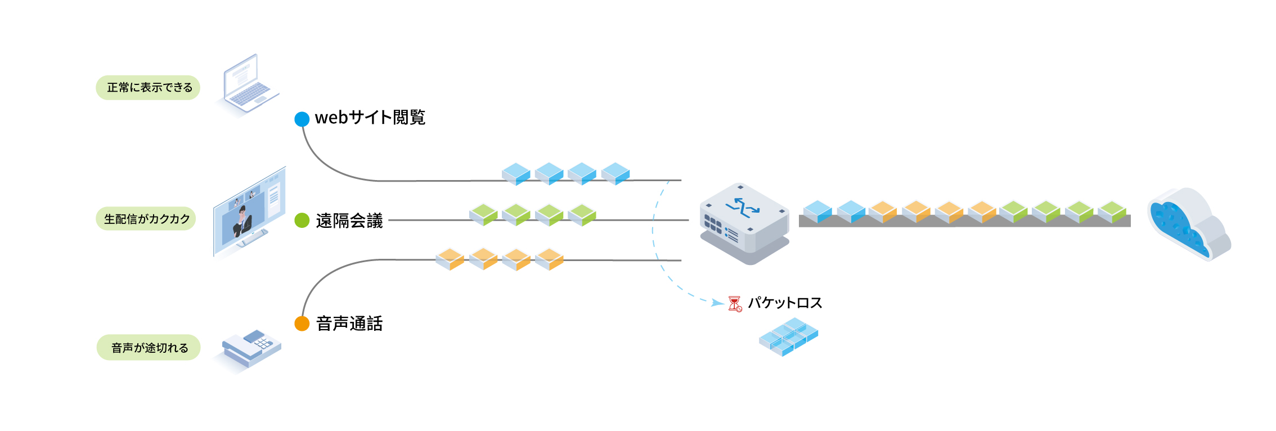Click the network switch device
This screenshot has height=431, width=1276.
[x=744, y=223]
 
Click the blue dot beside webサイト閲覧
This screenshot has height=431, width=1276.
[x=302, y=119]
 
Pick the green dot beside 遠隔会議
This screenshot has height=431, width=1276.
[x=302, y=220]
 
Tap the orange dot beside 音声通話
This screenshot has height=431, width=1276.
[x=302, y=324]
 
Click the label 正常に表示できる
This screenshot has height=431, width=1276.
[x=149, y=88]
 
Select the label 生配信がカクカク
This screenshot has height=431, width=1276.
[x=146, y=219]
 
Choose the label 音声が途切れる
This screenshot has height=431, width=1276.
[x=149, y=348]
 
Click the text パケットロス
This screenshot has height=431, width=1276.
[x=785, y=303]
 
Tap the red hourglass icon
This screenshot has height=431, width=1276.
[x=735, y=304]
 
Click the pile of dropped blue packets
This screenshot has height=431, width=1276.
[x=788, y=336]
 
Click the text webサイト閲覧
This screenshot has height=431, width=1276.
[x=370, y=118]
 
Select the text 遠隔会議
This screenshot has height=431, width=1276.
[x=349, y=221]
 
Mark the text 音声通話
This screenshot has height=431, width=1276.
[x=349, y=324]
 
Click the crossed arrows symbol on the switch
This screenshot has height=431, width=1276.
[x=743, y=208]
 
